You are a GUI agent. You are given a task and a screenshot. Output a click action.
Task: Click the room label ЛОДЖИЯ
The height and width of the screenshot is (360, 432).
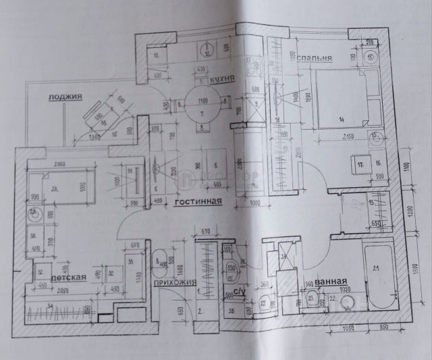click(65, 97)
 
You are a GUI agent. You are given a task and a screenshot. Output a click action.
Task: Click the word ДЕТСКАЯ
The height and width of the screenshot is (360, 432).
click(70, 277)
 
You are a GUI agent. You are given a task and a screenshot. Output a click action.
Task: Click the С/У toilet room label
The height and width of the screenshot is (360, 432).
click(238, 292)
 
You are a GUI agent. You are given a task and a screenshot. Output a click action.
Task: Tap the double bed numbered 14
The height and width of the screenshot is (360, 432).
click(342, 101)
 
